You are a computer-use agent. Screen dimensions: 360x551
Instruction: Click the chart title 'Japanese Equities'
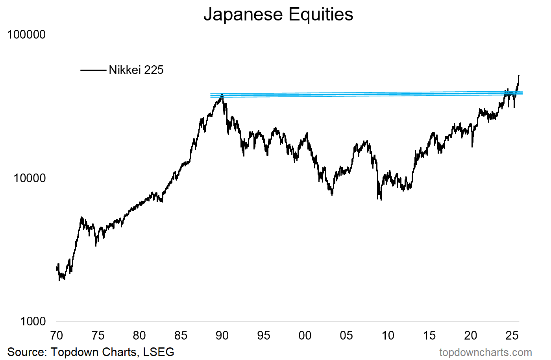coord(278,15)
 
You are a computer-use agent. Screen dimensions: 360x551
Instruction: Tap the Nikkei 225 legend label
coord(136,70)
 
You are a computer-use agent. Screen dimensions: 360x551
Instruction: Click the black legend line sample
coord(93,70)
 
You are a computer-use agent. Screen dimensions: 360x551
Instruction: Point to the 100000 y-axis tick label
coord(26,35)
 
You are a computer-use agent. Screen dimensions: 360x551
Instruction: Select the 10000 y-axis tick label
coord(30,178)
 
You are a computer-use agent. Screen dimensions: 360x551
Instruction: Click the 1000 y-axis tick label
coord(33,321)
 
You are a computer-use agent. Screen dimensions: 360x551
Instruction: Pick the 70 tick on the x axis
coord(57,336)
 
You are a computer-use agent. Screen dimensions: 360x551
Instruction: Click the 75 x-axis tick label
coord(98,336)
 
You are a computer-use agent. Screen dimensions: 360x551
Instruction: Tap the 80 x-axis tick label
coord(139,336)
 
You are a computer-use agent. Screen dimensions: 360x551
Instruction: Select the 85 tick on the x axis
coord(181,336)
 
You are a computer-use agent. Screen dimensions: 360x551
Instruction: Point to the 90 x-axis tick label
coord(222,336)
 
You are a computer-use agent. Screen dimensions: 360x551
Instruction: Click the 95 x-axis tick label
coord(264,336)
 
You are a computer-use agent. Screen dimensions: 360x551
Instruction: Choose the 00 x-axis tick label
coord(305,336)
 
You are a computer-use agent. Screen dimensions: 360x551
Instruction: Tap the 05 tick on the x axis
coord(346,336)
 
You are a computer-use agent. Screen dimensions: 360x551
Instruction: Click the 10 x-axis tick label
coord(388,336)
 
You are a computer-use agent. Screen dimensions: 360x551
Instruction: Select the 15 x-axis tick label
coord(429,336)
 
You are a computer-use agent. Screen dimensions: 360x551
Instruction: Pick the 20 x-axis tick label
coord(471,336)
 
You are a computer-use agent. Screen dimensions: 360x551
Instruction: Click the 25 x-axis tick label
coord(512,336)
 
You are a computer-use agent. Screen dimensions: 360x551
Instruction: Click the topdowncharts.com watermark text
coord(485,353)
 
